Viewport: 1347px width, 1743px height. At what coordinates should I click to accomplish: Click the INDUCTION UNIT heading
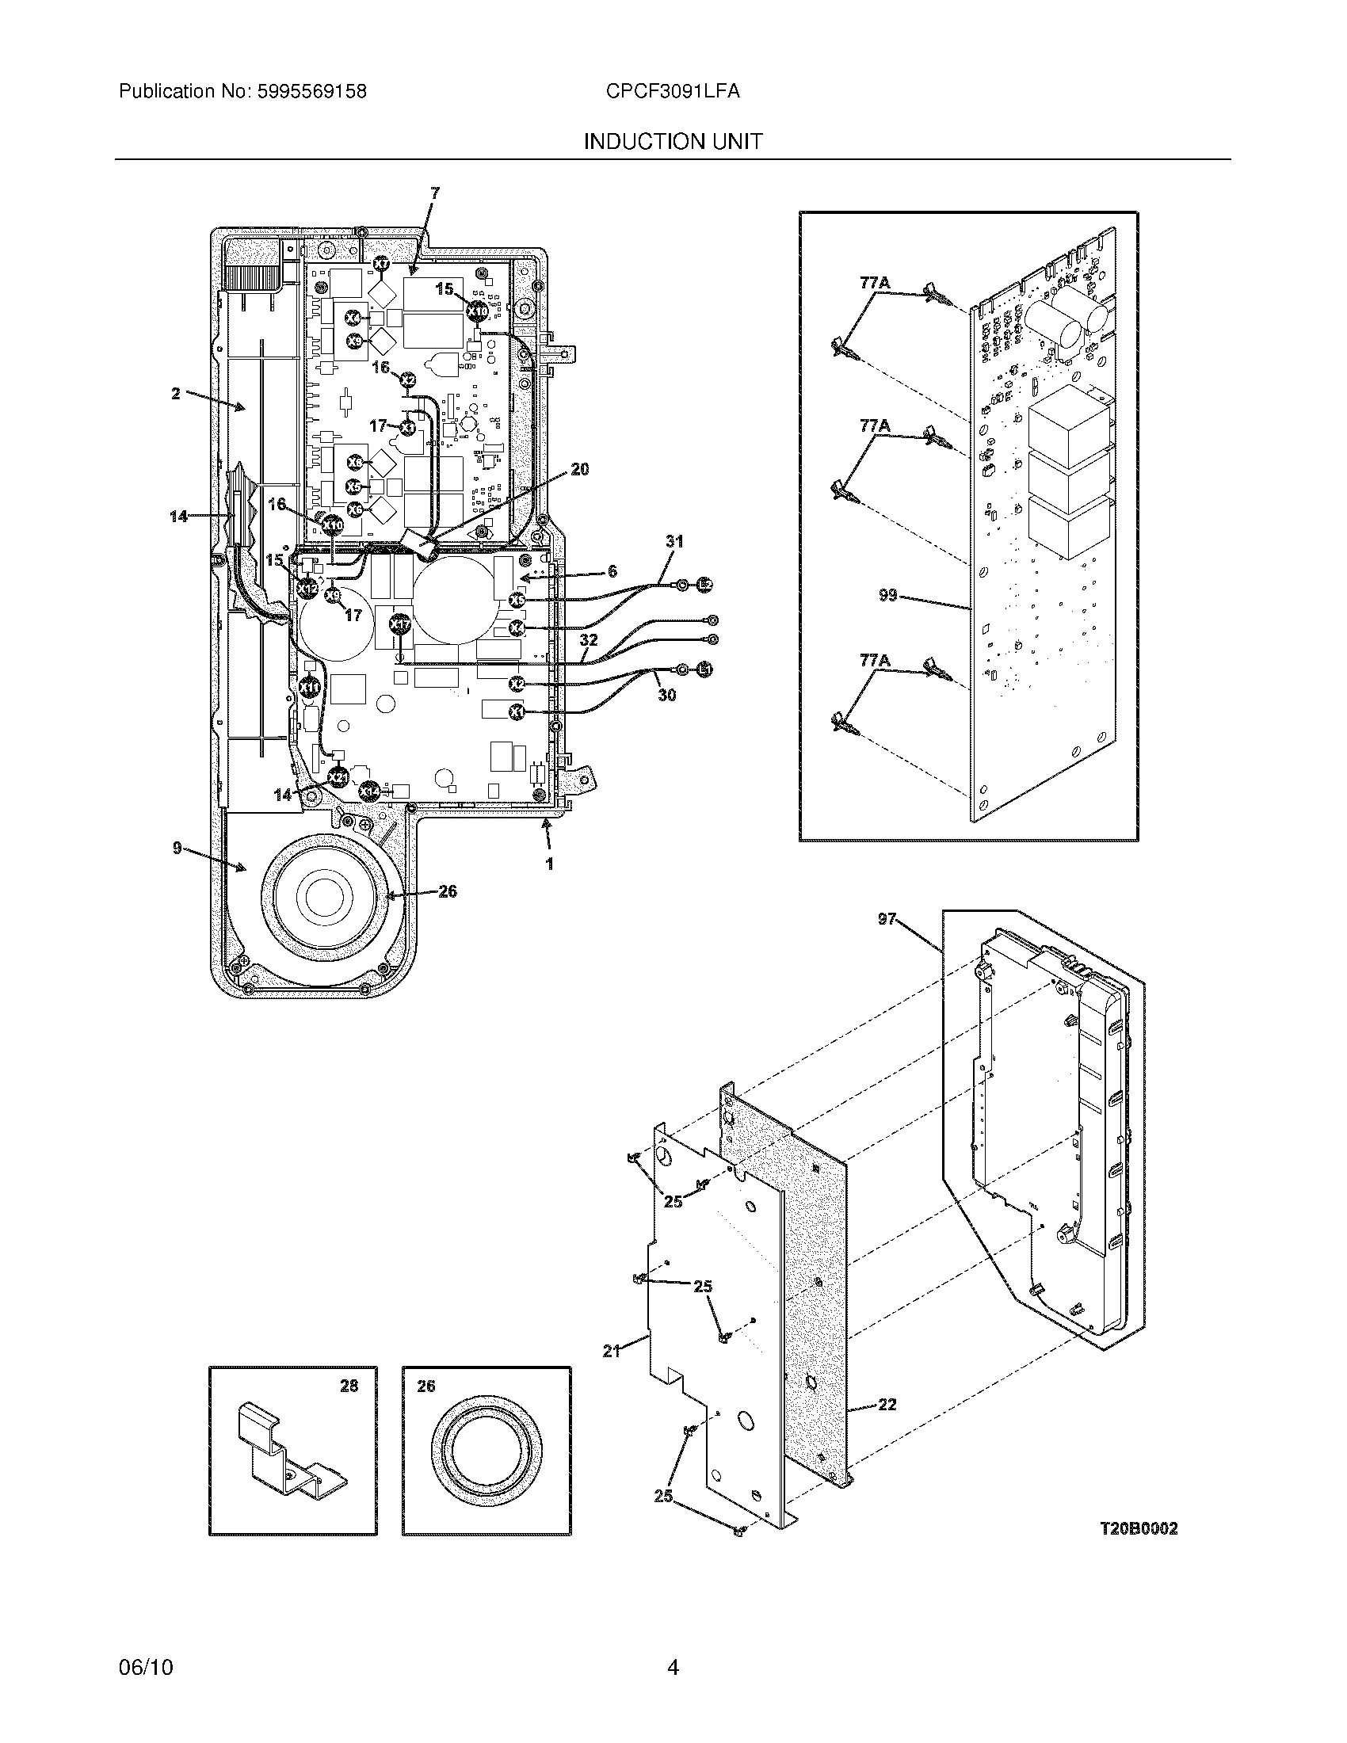point(673,141)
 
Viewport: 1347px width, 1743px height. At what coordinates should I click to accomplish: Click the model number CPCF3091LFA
point(672,91)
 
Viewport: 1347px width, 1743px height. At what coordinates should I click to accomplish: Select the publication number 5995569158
point(311,91)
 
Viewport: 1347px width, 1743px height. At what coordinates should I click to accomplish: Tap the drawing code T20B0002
point(1138,1528)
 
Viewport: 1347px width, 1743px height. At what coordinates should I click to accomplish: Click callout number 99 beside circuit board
point(888,595)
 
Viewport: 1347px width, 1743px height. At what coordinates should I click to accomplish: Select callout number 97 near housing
point(887,919)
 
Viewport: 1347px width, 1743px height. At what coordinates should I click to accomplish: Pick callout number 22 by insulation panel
point(887,1405)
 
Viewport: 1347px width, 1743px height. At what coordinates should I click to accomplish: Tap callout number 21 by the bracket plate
point(611,1351)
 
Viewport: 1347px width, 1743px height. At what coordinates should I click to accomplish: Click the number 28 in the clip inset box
point(349,1386)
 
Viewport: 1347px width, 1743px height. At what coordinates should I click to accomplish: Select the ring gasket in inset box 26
point(486,1457)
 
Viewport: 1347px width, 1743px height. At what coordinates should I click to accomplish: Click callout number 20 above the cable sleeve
point(580,469)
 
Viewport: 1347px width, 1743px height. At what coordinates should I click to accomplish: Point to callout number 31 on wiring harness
point(674,541)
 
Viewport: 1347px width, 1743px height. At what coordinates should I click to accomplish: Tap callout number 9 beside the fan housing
point(177,849)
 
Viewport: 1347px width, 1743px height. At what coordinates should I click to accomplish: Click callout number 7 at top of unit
point(434,193)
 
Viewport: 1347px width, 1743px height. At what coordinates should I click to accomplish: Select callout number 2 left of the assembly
point(176,393)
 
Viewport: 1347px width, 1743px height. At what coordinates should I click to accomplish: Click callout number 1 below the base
point(549,864)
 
